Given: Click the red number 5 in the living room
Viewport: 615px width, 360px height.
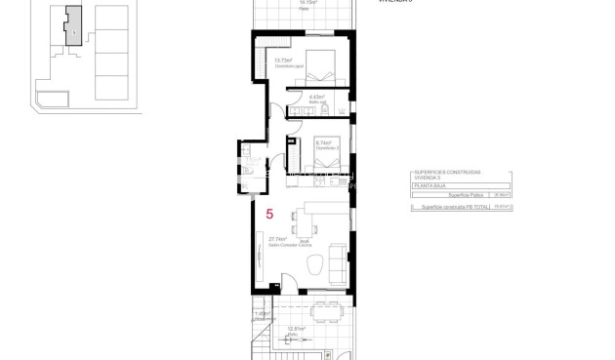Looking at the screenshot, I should coord(269,213).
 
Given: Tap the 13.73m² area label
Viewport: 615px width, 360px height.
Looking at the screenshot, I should coord(284,61).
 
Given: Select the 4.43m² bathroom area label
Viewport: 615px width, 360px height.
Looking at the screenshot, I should coord(316,98).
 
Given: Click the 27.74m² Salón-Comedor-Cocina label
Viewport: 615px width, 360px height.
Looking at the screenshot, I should coord(281,239).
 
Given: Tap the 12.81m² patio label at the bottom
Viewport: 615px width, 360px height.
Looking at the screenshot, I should coord(297,329).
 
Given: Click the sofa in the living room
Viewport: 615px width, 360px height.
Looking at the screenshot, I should coord(338,259).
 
